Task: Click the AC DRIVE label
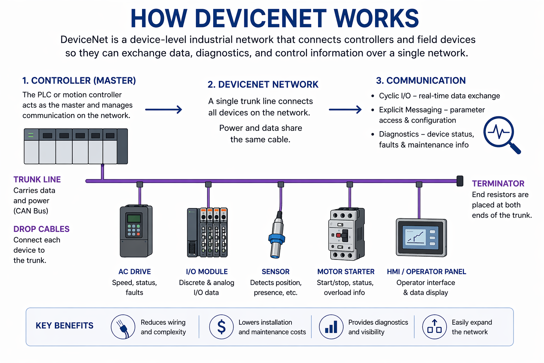click(135, 272)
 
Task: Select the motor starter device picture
click(346, 234)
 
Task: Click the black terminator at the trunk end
click(460, 181)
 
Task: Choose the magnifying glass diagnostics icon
click(501, 134)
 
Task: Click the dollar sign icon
click(221, 327)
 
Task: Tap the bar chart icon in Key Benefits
click(331, 327)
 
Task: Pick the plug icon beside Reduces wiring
click(123, 327)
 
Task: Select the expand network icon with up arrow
click(434, 327)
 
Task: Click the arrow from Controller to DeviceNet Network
click(164, 110)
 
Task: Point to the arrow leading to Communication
click(345, 110)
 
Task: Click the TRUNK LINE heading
click(37, 179)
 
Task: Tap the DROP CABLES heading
click(41, 229)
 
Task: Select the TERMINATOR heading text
click(498, 184)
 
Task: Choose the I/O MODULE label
click(207, 272)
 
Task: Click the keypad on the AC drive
click(134, 230)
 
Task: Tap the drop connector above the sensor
click(281, 184)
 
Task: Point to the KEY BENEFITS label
click(64, 325)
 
